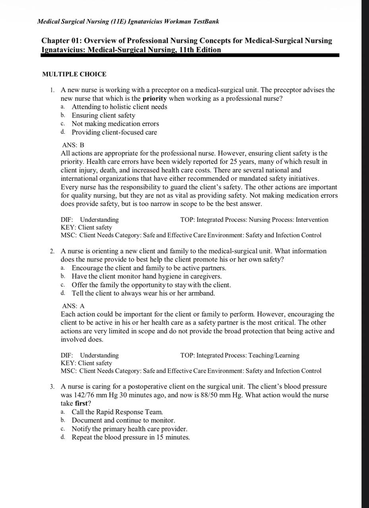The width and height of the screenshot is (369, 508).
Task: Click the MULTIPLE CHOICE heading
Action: (x=74, y=74)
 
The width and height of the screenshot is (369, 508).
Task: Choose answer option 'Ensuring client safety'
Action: (x=103, y=115)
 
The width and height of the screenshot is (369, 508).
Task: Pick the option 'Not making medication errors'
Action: (x=115, y=124)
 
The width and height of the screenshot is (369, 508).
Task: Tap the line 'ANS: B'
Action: (x=73, y=145)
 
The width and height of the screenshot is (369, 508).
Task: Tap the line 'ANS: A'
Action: (x=73, y=306)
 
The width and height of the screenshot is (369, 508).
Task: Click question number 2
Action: (x=52, y=251)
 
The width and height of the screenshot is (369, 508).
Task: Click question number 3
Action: (x=52, y=387)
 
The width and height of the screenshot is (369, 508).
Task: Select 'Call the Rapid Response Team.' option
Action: (x=117, y=412)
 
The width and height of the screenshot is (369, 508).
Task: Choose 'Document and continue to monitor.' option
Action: (x=123, y=420)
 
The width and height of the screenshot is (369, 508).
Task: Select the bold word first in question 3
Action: (x=81, y=403)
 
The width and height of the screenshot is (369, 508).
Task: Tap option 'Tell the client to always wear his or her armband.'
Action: (x=143, y=293)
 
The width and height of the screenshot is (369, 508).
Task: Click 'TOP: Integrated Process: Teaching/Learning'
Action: (x=240, y=355)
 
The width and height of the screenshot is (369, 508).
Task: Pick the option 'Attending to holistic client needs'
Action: (x=119, y=107)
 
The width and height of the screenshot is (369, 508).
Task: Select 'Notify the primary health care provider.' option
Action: (x=129, y=429)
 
